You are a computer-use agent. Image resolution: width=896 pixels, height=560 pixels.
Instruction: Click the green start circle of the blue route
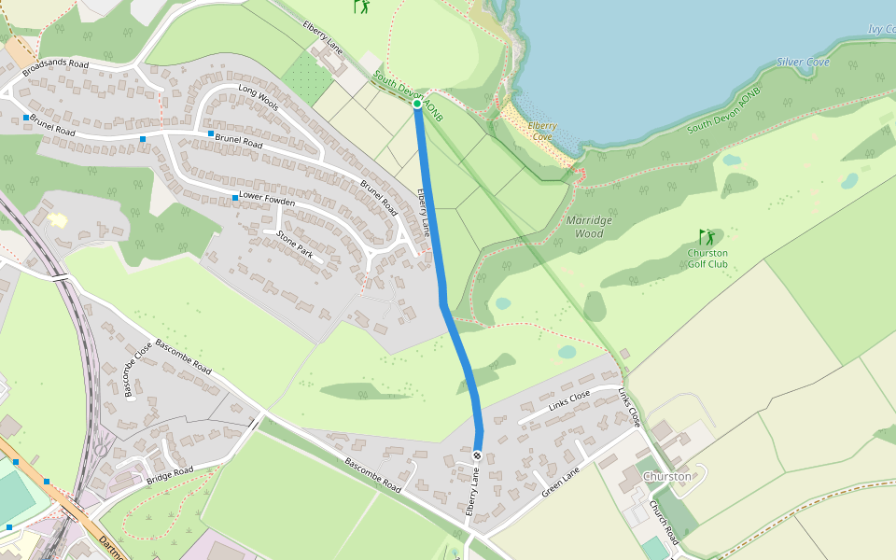tap(417, 104)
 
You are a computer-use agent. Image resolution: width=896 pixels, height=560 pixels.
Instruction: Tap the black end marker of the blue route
tap(477, 455)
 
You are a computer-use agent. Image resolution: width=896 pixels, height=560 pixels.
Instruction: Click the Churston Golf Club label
tap(707, 259)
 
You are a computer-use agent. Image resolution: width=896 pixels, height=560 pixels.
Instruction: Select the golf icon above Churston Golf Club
tap(707, 237)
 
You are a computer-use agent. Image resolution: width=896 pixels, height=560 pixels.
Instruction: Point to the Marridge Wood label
tap(590, 227)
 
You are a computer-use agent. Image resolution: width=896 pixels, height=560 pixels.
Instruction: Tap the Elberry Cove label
tap(542, 130)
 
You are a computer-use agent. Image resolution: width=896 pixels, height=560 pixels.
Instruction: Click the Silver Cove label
tap(803, 63)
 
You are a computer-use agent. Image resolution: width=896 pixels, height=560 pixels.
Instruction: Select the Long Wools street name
tap(259, 97)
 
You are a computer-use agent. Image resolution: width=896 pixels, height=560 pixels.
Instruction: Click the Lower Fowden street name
tap(267, 199)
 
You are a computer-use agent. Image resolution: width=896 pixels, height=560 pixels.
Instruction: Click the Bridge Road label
tap(169, 475)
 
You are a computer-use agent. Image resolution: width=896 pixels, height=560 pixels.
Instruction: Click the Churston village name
tap(667, 477)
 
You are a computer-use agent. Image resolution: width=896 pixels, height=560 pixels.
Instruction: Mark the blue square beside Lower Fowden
tap(235, 198)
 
